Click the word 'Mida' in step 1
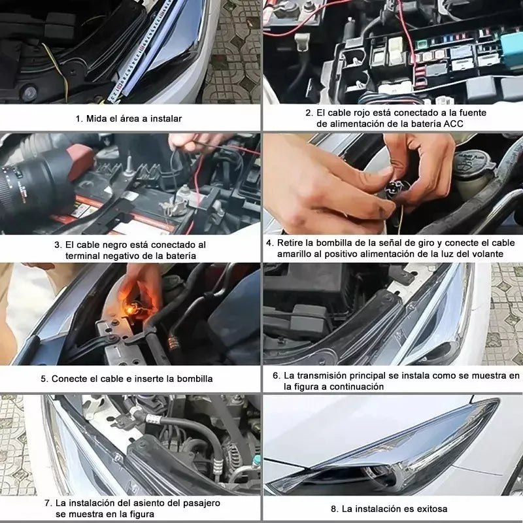pyautogui.click(x=98, y=118)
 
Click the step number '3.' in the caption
pyautogui.click(x=58, y=244)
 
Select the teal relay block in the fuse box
pyautogui.click(x=511, y=42)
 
